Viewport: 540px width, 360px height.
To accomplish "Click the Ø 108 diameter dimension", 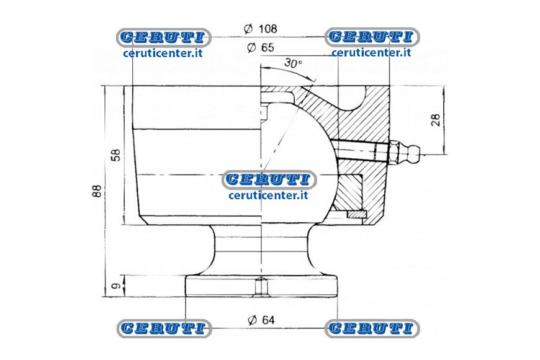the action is [x=260, y=29].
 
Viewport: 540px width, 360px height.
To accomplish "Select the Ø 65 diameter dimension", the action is [x=261, y=47].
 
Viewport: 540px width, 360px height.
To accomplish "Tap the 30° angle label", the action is [x=293, y=63].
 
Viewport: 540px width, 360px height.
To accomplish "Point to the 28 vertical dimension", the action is [x=436, y=120].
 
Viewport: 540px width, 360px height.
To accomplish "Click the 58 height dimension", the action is [x=116, y=155].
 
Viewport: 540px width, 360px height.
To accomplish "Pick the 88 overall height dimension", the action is [x=97, y=191].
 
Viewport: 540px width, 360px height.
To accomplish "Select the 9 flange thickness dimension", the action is [x=117, y=286].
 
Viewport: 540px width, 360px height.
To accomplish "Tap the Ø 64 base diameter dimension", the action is [x=261, y=320].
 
